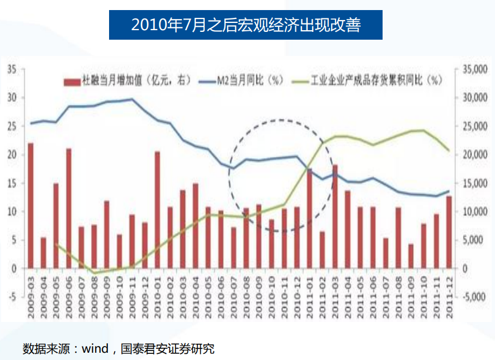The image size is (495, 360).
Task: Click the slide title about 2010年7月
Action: coord(246,25)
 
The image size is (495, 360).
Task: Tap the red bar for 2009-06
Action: coord(69,209)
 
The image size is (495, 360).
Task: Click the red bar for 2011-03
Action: coord(335,216)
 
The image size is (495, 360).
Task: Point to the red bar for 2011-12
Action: coord(449,232)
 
